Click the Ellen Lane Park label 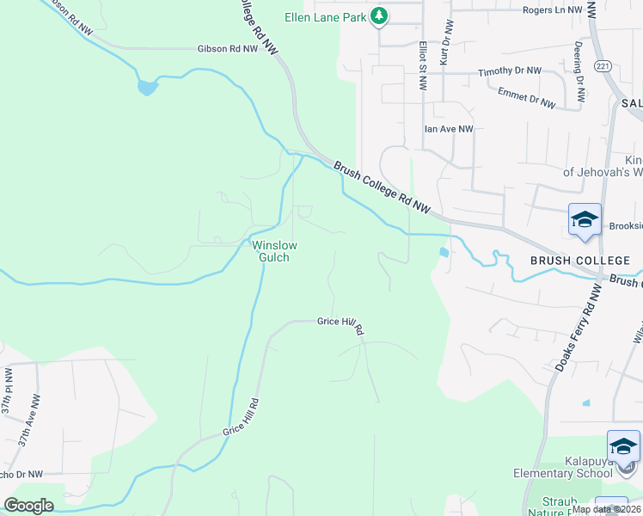click(326, 16)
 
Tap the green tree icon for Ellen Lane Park click(378, 16)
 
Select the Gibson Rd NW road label click(227, 50)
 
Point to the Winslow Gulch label click(274, 251)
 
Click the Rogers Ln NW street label click(552, 10)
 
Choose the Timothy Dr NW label click(510, 71)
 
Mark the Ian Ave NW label click(449, 129)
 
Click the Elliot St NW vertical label click(423, 65)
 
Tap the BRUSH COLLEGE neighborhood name click(566, 260)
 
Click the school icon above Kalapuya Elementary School click(623, 446)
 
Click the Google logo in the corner click(29, 506)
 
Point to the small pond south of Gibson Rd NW click(147, 87)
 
